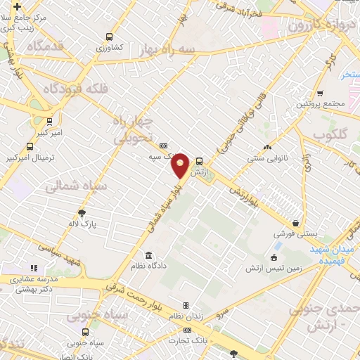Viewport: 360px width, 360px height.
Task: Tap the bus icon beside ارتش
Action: pyautogui.click(x=199, y=160)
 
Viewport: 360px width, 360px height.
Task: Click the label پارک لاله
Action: pyautogui.click(x=82, y=224)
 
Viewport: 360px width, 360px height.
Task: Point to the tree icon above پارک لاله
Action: pyautogui.click(x=82, y=212)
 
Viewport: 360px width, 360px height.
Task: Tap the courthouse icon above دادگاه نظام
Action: pyautogui.click(x=148, y=255)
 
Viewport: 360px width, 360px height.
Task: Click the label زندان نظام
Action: pyautogui.click(x=186, y=316)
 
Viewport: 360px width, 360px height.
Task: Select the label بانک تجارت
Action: pyautogui.click(x=186, y=340)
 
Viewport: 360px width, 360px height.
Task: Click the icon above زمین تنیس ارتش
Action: pyautogui.click(x=274, y=257)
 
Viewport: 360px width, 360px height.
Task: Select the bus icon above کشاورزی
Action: pyautogui.click(x=109, y=37)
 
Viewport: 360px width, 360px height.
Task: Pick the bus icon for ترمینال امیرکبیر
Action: pyautogui.click(x=30, y=148)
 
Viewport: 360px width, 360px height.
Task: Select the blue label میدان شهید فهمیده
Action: pyautogui.click(x=330, y=255)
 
